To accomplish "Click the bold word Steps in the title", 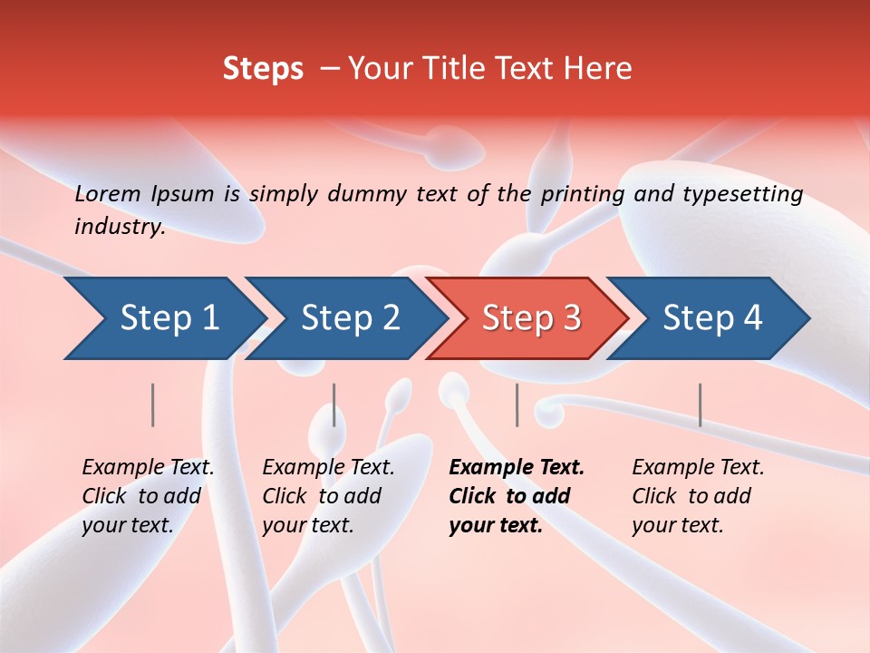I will (x=263, y=69).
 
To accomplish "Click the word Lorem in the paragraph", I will (x=108, y=193).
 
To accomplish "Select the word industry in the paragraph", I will (x=118, y=227).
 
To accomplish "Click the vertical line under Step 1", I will (x=153, y=404).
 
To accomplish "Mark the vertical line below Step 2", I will (x=334, y=404).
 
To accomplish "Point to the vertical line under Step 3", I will (x=517, y=404).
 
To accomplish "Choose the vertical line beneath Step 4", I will (x=700, y=404).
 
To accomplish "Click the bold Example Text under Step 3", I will (x=517, y=467).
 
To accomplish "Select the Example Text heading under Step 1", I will (x=148, y=467).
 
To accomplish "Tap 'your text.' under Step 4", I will (x=677, y=525).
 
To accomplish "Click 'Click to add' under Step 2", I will (x=322, y=496).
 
